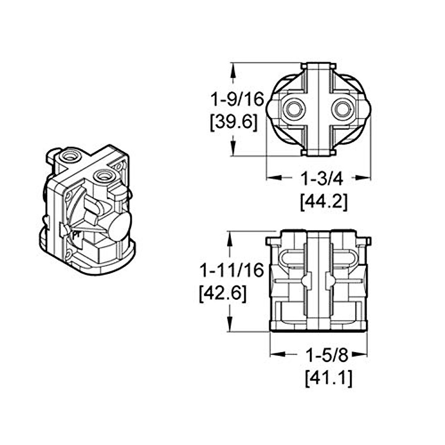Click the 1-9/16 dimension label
[x=237, y=99]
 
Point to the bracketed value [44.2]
[x=324, y=202]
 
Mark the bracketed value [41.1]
[x=329, y=379]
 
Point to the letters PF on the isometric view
[x=77, y=235]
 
